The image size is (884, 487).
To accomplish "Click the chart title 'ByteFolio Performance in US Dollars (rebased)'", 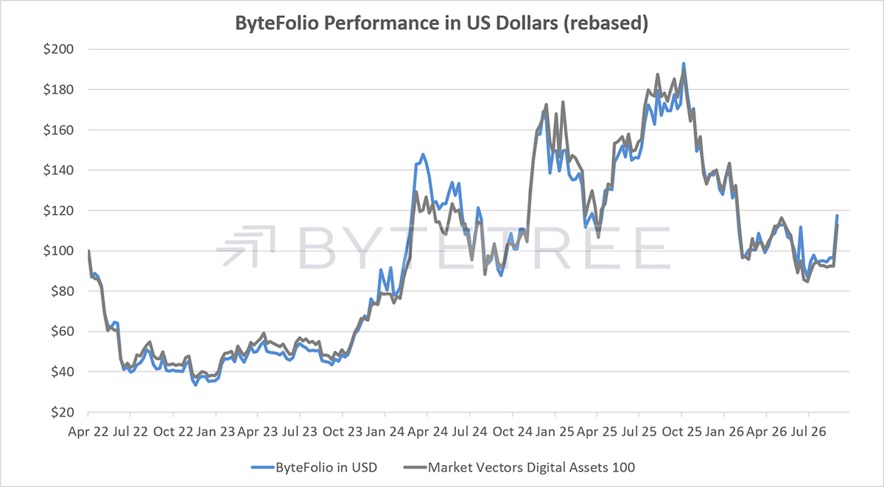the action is [x=441, y=24].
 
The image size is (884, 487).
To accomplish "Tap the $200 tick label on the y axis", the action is [x=58, y=49].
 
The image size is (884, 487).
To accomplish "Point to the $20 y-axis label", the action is [x=63, y=412].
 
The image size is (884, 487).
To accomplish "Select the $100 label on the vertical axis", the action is [x=58, y=251].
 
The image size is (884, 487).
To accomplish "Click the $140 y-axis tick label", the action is [x=58, y=170].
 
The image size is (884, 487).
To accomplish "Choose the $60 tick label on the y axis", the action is [x=63, y=331].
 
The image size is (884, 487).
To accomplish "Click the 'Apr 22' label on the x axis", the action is [x=88, y=432].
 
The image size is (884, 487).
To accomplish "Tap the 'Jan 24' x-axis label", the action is [x=385, y=432].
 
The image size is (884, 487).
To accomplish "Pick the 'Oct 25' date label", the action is [x=681, y=432].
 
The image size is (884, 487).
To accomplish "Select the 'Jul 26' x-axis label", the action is [x=809, y=432].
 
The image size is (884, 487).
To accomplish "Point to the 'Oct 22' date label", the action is [x=173, y=432].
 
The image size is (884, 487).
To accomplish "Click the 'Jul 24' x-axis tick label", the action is [x=470, y=432].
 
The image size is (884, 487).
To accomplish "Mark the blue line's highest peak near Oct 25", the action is [x=684, y=63].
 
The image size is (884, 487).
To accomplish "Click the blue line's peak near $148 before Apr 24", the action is [x=423, y=154].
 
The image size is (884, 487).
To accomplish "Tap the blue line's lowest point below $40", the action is [x=195, y=385].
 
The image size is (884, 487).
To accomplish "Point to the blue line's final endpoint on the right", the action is [x=837, y=216].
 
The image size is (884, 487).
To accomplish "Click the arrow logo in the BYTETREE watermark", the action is [x=246, y=246].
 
